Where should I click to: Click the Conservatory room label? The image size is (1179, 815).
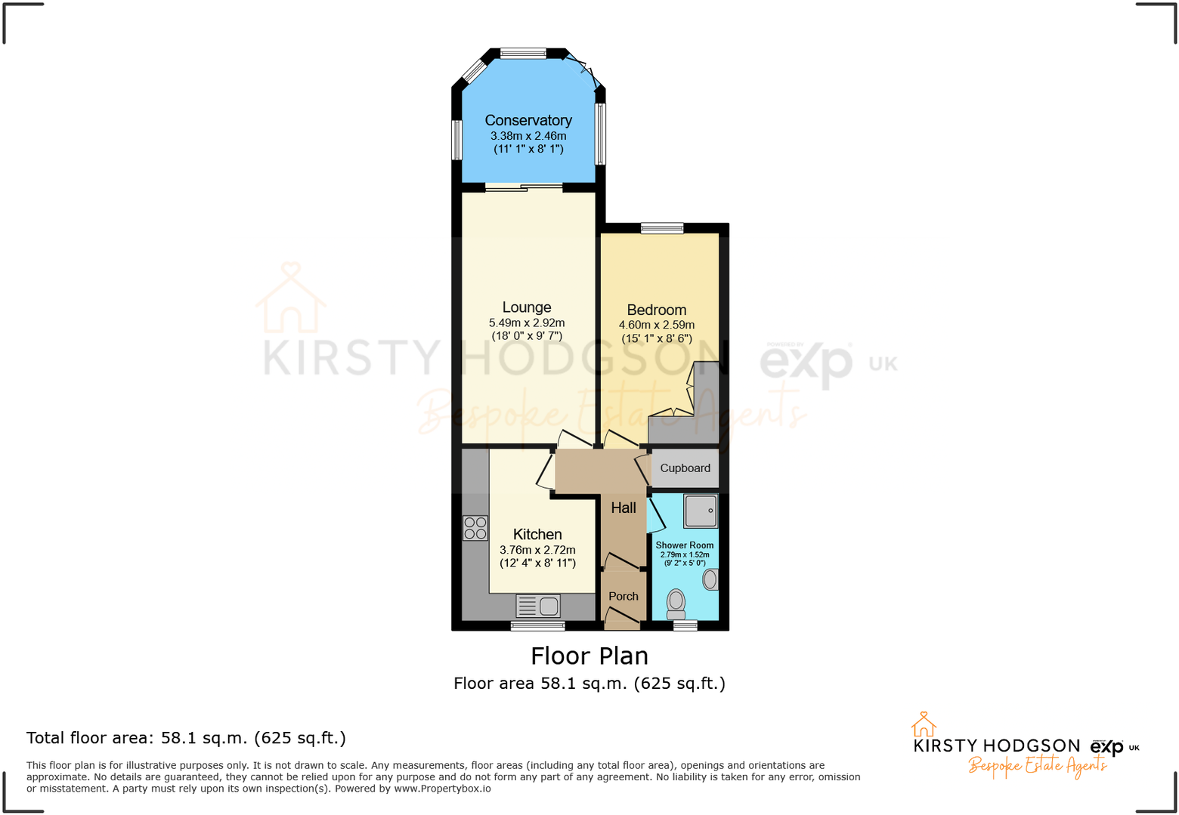point(528,120)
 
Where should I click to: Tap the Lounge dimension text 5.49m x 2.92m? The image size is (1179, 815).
point(527,323)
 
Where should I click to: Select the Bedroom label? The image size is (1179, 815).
point(656,310)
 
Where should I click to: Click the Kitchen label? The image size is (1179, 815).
point(537,534)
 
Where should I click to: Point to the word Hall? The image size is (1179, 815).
point(624,508)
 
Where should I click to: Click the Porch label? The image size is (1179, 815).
point(624,596)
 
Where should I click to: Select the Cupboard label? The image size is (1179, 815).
point(685,468)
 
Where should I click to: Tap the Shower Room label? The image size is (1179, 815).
point(684,545)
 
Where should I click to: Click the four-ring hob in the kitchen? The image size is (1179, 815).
point(475,528)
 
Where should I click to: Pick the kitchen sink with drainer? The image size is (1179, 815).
point(538,606)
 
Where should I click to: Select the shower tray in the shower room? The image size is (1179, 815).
point(701,511)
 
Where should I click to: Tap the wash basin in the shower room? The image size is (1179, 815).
point(710,579)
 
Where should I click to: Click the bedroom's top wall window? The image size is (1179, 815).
point(662,228)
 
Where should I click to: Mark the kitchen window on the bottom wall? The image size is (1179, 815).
point(537,625)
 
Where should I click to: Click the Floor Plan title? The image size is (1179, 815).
point(589,656)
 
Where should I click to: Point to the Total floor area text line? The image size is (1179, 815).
point(186,738)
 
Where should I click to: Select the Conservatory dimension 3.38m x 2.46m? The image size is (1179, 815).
point(528,136)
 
